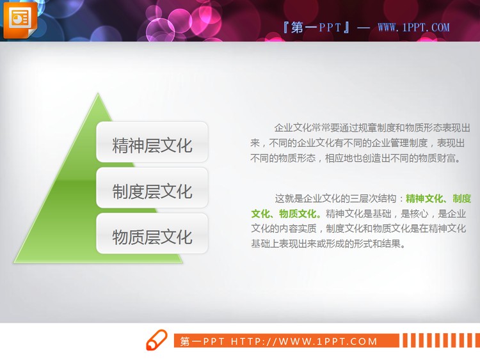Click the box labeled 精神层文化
[x=152, y=145]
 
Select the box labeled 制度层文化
[x=152, y=191]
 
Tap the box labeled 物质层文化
[x=152, y=237]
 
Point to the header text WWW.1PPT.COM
[x=413, y=27]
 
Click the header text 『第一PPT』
[x=316, y=27]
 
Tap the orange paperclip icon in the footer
[x=156, y=341]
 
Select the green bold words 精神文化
[x=425, y=198]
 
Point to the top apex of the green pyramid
[x=98, y=95]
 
